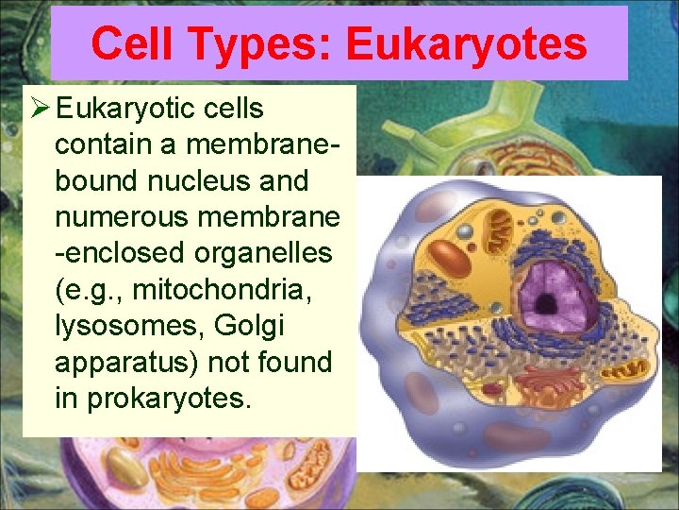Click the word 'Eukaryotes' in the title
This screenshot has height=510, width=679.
[467, 43]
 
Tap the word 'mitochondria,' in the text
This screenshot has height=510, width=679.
[226, 290]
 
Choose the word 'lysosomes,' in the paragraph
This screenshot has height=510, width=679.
[120, 326]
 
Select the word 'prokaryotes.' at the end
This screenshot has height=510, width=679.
[169, 399]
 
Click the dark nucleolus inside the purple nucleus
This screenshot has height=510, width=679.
[545, 304]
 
